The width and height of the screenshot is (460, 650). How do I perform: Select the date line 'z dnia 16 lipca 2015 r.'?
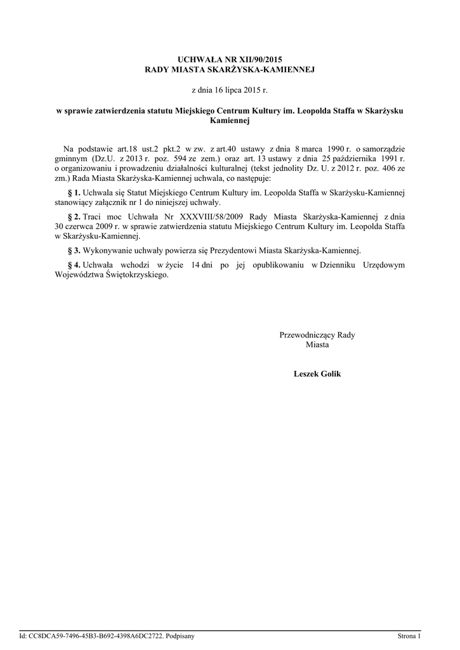pos(230,91)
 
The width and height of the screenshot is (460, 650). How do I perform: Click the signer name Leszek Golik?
pos(317,374)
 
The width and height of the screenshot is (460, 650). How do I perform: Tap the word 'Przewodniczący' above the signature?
pos(306,335)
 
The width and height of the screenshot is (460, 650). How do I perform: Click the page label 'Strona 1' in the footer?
pos(409,635)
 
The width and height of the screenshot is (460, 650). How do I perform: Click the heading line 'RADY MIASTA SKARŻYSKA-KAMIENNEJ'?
pos(230,68)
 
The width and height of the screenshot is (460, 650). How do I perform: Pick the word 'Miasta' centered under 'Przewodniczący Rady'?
pos(317,344)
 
